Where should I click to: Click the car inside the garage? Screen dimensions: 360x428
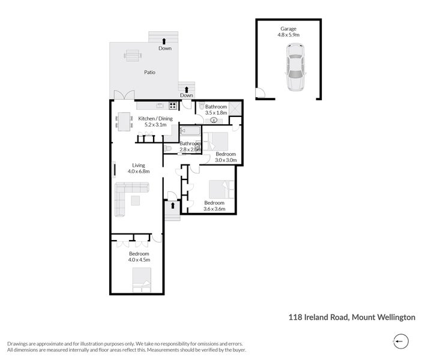(295, 73)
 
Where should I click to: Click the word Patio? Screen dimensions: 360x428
(149, 72)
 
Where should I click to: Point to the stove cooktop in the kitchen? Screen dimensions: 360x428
(173, 106)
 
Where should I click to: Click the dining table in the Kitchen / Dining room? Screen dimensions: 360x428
(124, 121)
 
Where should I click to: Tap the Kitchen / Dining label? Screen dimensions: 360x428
(155, 119)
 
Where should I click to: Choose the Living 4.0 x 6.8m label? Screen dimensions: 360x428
(138, 169)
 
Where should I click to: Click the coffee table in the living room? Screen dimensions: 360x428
(136, 200)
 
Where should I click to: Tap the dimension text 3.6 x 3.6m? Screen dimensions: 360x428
(214, 209)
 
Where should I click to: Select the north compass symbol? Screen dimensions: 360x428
(400, 341)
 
